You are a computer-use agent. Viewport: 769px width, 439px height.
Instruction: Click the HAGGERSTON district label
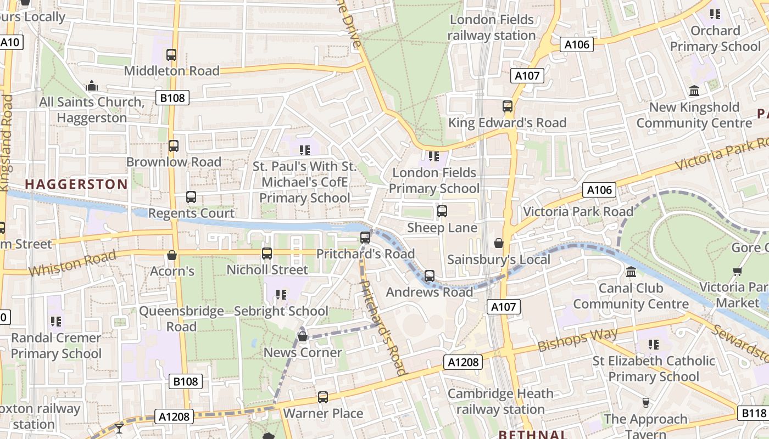pyautogui.click(x=76, y=184)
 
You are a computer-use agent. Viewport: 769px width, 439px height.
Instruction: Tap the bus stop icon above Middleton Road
pyautogui.click(x=171, y=55)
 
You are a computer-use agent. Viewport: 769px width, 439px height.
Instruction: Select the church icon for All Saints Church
pyautogui.click(x=92, y=86)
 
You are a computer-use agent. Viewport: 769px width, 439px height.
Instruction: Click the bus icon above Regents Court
pyautogui.click(x=191, y=197)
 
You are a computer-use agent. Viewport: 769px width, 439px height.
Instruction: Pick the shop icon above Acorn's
pyautogui.click(x=172, y=255)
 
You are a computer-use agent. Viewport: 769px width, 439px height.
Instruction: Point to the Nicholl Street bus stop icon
pyautogui.click(x=267, y=254)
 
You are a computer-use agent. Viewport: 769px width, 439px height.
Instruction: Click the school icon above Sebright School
pyautogui.click(x=281, y=295)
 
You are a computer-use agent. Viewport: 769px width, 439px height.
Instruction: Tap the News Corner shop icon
pyautogui.click(x=302, y=336)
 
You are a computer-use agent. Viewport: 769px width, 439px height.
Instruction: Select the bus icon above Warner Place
pyautogui.click(x=323, y=397)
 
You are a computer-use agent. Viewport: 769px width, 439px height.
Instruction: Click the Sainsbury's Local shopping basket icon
pyautogui.click(x=499, y=243)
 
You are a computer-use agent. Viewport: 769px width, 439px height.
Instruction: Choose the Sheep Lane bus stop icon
pyautogui.click(x=442, y=211)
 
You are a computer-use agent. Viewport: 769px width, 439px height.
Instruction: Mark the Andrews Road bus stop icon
pyautogui.click(x=430, y=276)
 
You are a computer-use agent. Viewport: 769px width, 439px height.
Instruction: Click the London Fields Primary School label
pyautogui.click(x=434, y=181)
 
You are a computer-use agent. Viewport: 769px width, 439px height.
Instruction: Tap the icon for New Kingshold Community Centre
pyautogui.click(x=694, y=91)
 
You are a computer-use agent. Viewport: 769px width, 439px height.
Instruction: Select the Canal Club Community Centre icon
pyautogui.click(x=631, y=272)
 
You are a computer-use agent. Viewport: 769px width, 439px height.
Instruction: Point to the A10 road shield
pyautogui.click(x=10, y=42)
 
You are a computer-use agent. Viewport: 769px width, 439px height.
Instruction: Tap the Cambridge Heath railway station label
pyautogui.click(x=500, y=401)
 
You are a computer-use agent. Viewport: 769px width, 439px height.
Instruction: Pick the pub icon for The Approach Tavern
pyautogui.click(x=646, y=403)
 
